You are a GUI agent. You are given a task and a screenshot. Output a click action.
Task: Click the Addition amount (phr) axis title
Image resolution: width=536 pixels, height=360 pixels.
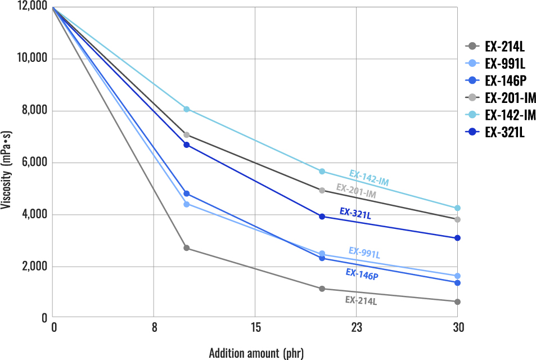(x=256, y=353)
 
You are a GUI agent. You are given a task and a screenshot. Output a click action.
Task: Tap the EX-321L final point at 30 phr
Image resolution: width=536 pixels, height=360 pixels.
(x=457, y=238)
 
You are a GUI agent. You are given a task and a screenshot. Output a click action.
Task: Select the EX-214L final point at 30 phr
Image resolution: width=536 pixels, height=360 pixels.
(x=457, y=302)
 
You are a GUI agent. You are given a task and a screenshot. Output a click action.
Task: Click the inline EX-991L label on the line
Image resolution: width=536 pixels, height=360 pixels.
(x=364, y=253)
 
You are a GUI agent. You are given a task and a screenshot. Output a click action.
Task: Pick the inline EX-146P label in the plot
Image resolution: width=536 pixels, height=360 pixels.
(x=361, y=274)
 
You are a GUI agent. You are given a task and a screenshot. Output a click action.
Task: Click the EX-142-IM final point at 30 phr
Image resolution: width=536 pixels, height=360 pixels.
(x=457, y=208)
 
